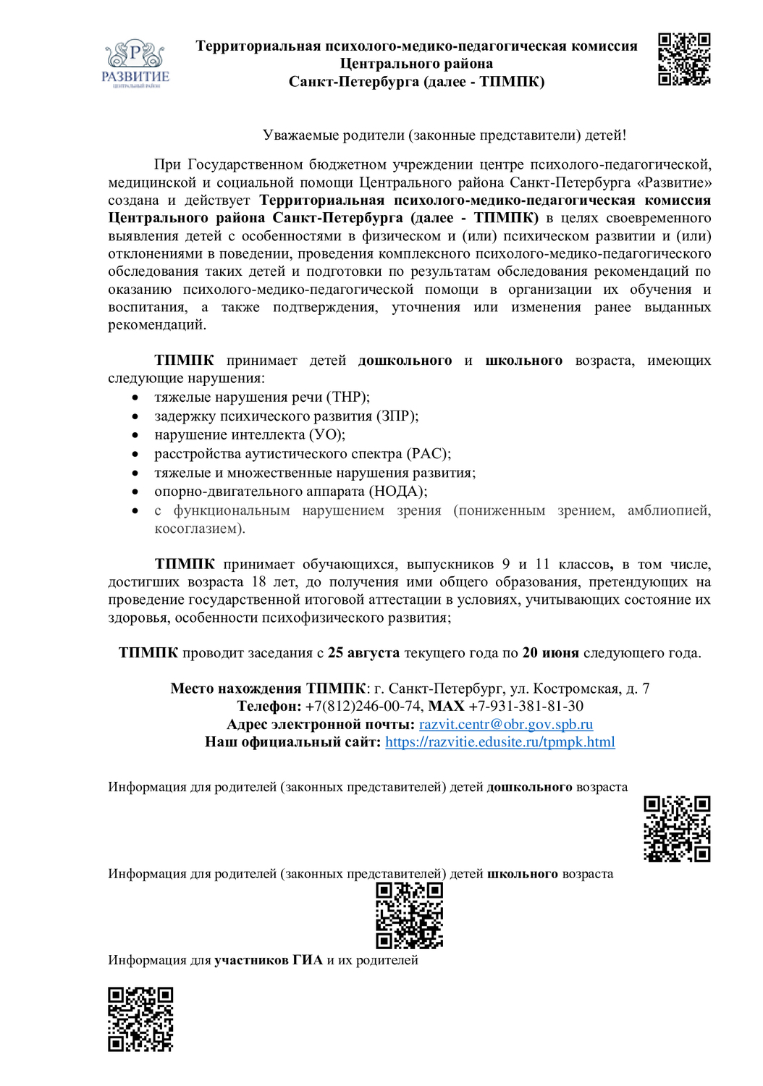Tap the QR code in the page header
pyautogui.click(x=684, y=59)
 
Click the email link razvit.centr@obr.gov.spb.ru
pyautogui.click(x=505, y=724)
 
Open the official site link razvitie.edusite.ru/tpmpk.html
pyautogui.click(x=499, y=741)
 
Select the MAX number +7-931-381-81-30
pyautogui.click(x=526, y=706)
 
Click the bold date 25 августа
pyautogui.click(x=363, y=652)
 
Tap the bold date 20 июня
pyautogui.click(x=550, y=652)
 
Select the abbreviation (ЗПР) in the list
pyautogui.click(x=396, y=416)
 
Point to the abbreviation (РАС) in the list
pyautogui.click(x=429, y=453)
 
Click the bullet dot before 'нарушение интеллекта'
pyautogui.click(x=135, y=435)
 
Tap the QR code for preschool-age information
pyautogui.click(x=677, y=828)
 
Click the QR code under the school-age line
pyautogui.click(x=409, y=915)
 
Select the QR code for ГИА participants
pyautogui.click(x=140, y=1019)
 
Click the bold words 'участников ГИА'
pyautogui.click(x=269, y=960)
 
